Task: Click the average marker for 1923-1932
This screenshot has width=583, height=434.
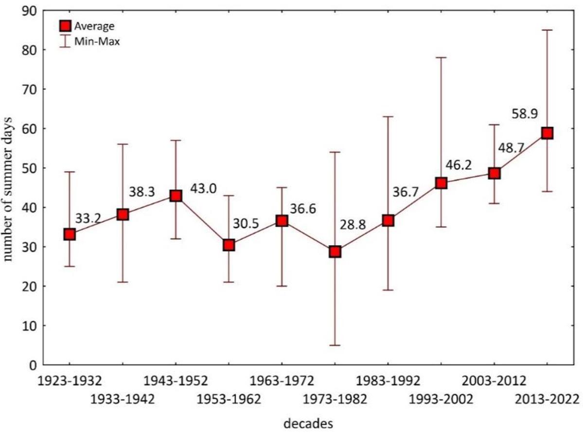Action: [70, 235]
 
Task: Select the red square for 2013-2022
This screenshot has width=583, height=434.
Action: [547, 133]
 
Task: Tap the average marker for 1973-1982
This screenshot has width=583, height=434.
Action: [335, 252]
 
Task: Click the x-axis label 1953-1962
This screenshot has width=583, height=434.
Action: [229, 400]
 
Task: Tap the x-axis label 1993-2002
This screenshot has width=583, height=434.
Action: [441, 400]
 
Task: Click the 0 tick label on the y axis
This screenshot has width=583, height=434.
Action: [33, 365]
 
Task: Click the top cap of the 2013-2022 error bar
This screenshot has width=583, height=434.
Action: [547, 30]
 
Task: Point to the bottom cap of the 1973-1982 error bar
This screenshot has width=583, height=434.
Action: [335, 345]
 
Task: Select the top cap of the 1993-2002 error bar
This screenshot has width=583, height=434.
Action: [441, 57]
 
